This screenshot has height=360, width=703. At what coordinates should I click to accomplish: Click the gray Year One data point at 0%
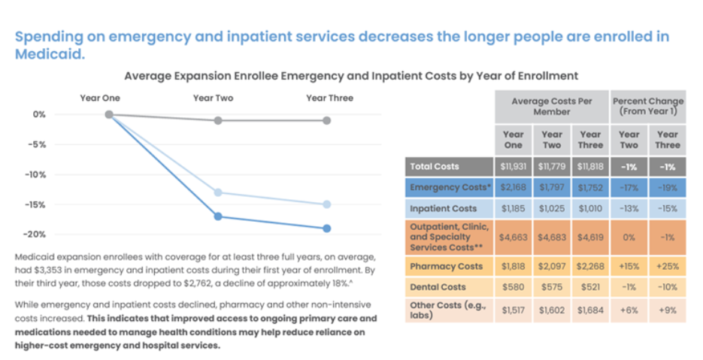109,114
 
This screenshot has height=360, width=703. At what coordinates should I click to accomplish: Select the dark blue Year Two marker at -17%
218,216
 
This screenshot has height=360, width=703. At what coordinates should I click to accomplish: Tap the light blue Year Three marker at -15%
327,204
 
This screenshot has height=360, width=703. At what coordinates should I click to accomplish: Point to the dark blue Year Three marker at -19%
327,228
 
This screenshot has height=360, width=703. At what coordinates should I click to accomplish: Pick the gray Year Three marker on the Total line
327,120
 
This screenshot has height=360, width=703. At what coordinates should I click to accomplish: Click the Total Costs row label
435,166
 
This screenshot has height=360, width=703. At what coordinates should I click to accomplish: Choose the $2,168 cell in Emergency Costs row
514,187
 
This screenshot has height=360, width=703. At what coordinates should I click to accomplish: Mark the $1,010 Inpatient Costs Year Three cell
590,208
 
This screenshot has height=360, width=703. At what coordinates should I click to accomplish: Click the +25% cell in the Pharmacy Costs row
667,266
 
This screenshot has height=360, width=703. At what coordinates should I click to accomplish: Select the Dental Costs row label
438,286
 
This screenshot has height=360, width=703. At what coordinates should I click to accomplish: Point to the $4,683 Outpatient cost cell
552,237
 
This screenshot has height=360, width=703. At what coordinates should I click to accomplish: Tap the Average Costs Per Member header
551,106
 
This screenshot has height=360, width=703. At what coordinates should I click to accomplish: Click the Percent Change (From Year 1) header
648,106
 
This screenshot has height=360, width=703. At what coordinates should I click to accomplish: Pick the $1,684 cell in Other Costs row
590,310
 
